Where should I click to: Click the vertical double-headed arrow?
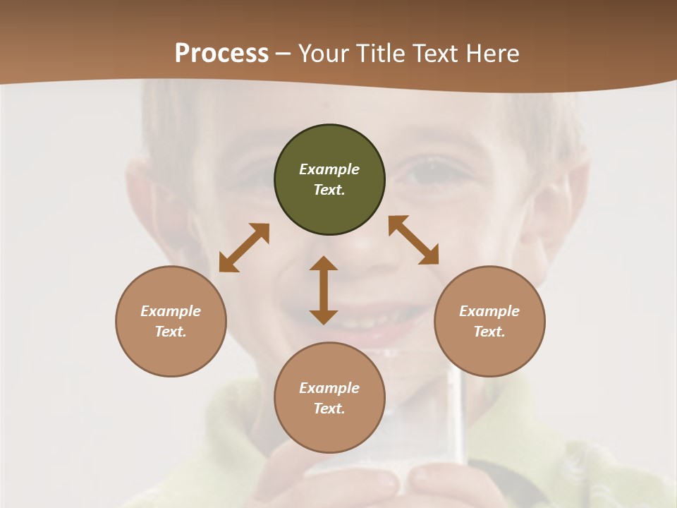point(324,290)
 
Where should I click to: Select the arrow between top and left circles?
point(244,248)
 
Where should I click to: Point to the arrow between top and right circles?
point(413,240)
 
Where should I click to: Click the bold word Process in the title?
point(221,53)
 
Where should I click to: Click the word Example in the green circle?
point(329,169)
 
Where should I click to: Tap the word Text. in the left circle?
point(171,332)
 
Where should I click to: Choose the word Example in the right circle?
point(489,311)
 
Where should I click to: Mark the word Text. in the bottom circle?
point(329,409)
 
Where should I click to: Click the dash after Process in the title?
point(283,54)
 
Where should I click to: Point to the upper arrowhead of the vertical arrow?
point(324,263)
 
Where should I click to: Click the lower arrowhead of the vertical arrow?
point(324,317)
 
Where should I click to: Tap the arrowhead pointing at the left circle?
point(227,264)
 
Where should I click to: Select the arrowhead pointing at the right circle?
point(429,256)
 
